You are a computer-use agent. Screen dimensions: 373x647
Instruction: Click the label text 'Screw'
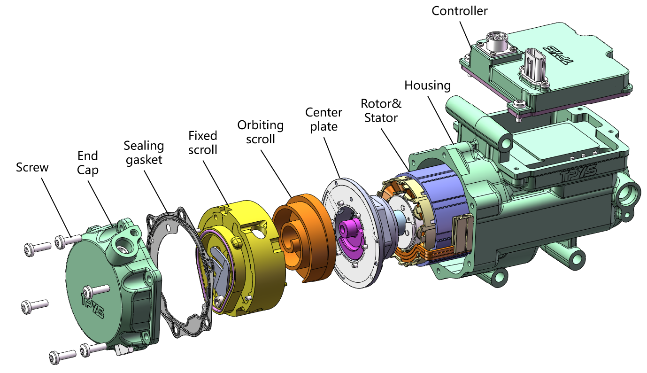[x=32, y=167]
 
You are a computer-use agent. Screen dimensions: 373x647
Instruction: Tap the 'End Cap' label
[x=88, y=163]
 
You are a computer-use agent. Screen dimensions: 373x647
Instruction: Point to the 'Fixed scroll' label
[x=203, y=142]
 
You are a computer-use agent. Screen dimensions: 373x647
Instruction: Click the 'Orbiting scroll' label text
[x=260, y=132]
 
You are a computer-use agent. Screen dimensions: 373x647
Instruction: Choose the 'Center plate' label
[x=323, y=119]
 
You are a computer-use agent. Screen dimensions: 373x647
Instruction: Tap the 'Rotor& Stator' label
[x=381, y=110]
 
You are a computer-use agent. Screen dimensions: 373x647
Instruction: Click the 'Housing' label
[x=427, y=85]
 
